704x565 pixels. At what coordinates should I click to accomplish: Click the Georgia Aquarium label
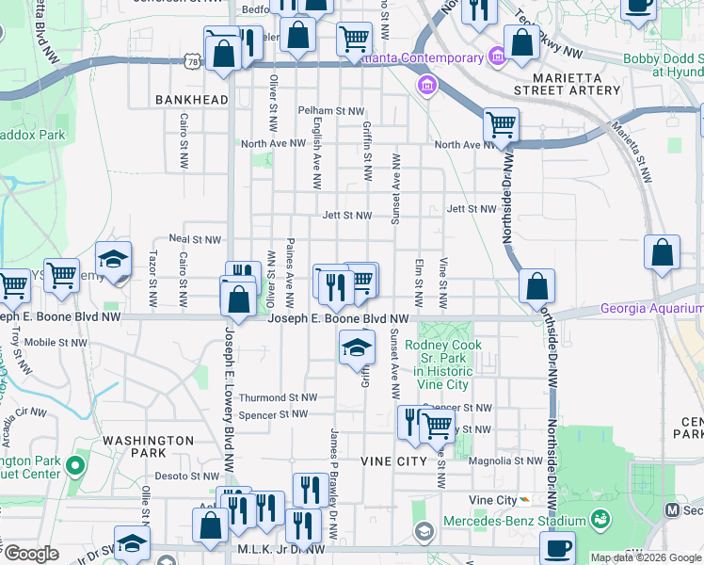click(651, 308)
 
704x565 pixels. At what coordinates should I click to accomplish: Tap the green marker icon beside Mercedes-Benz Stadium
click(599, 519)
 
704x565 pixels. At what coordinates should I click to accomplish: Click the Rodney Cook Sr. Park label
click(443, 358)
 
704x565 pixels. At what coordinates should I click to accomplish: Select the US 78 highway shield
click(194, 61)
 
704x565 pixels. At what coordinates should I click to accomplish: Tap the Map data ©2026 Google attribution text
click(646, 557)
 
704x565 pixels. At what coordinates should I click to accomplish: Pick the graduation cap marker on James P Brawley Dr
click(356, 347)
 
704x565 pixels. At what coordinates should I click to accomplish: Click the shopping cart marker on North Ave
click(501, 124)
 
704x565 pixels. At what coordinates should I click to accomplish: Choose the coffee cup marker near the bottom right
click(557, 548)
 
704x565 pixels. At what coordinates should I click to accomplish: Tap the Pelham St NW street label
click(330, 110)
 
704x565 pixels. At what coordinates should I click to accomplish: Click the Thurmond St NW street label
click(278, 398)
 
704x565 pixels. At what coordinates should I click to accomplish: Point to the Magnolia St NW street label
click(507, 460)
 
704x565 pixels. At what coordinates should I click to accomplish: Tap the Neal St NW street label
click(195, 239)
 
